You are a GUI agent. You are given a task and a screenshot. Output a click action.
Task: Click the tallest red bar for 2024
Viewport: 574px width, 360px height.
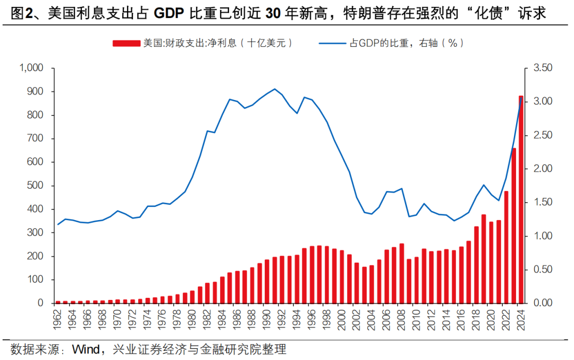(521, 199)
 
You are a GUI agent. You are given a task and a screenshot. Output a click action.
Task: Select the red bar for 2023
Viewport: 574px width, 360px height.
(513, 225)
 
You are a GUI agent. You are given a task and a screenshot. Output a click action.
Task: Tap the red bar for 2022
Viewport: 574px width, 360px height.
(506, 247)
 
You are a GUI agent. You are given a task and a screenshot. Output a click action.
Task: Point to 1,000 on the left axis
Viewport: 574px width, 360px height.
(31, 68)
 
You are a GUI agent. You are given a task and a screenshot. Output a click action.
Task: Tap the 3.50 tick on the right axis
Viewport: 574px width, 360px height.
(543, 68)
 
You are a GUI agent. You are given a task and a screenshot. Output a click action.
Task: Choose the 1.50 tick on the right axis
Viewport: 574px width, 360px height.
(543, 203)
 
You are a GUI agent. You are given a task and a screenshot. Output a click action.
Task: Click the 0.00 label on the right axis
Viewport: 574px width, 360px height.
(543, 303)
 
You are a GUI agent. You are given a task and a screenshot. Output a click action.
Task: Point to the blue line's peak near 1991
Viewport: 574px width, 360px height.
(275, 89)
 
